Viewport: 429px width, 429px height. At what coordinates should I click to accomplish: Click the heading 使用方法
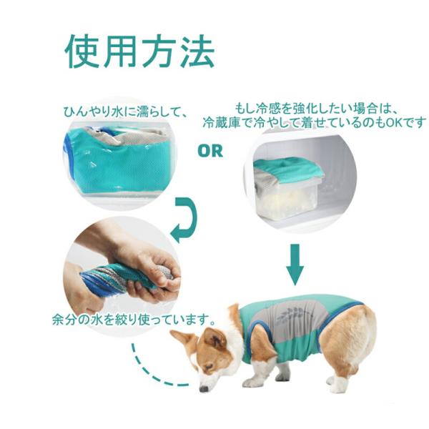point(139,51)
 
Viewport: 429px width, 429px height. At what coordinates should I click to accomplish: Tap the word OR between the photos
point(210,151)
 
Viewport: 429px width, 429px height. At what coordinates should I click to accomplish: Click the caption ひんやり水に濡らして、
point(125,112)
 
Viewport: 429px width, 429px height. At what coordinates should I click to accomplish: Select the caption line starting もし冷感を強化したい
point(315,109)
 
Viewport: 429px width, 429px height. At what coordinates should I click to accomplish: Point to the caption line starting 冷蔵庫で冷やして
point(315,122)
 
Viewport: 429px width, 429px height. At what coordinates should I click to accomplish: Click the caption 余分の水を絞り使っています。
point(133,320)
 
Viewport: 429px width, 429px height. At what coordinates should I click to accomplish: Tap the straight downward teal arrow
point(295,265)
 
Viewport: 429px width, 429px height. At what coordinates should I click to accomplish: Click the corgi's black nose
point(204,388)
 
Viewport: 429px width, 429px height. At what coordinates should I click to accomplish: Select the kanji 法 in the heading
point(197,51)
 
